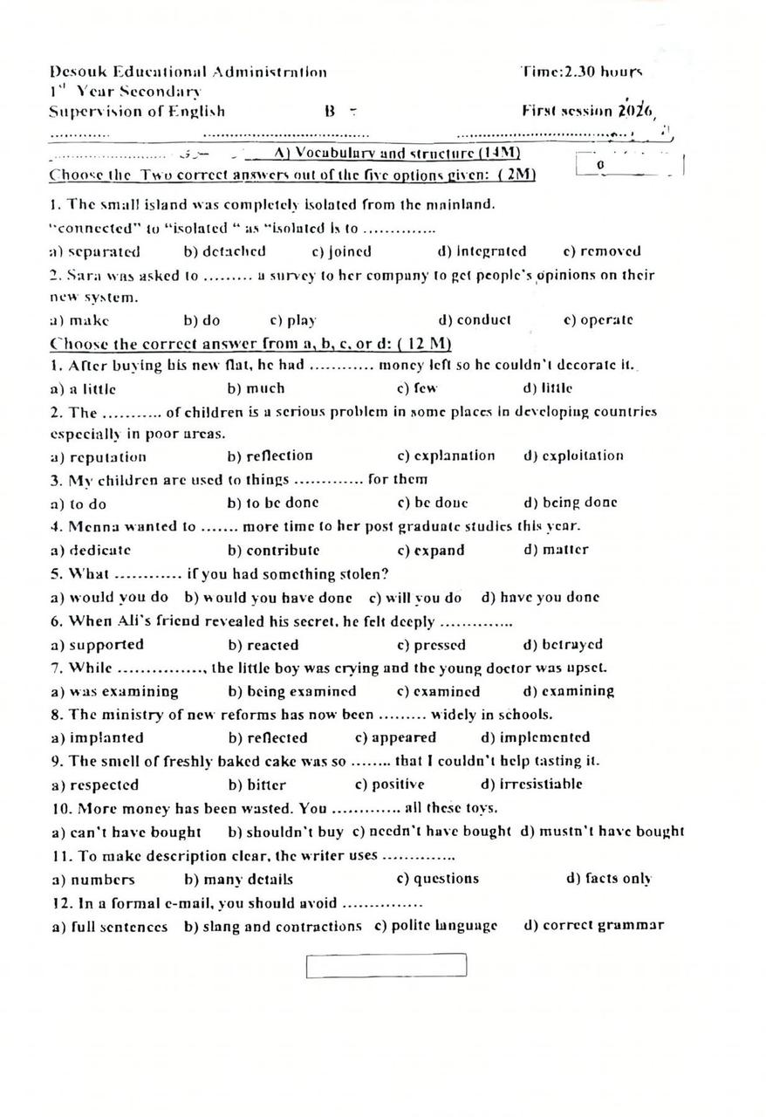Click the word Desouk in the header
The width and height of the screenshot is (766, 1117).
point(76,72)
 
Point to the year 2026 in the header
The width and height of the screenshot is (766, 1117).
point(635,110)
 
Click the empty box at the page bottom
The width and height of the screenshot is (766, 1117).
point(386,966)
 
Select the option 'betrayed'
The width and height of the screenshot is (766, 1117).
point(571,645)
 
